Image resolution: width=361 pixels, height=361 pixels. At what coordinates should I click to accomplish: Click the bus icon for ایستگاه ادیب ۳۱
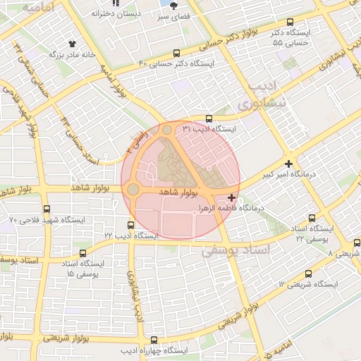pyautogui.click(x=207, y=118)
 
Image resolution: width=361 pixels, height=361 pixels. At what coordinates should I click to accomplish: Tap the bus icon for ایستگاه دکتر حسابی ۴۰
pyautogui.click(x=176, y=52)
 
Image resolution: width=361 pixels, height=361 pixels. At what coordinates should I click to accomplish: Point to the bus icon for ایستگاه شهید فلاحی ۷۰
pyautogui.click(x=47, y=209)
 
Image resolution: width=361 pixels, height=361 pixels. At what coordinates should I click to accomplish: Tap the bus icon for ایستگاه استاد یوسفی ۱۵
pyautogui.click(x=84, y=253)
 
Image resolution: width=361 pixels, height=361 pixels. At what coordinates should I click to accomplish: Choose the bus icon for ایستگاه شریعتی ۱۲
pyautogui.click(x=308, y=274)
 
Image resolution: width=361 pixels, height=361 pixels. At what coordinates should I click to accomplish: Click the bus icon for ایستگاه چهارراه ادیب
pyautogui.click(x=154, y=340)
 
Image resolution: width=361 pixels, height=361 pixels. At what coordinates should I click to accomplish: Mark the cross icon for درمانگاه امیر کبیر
pyautogui.click(x=289, y=164)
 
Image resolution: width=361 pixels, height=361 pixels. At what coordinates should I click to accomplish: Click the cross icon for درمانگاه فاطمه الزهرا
pyautogui.click(x=233, y=197)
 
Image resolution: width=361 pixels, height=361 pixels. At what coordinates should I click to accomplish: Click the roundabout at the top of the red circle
pyautogui.click(x=167, y=130)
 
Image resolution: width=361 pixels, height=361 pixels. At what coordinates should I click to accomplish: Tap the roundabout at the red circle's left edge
pyautogui.click(x=133, y=189)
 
